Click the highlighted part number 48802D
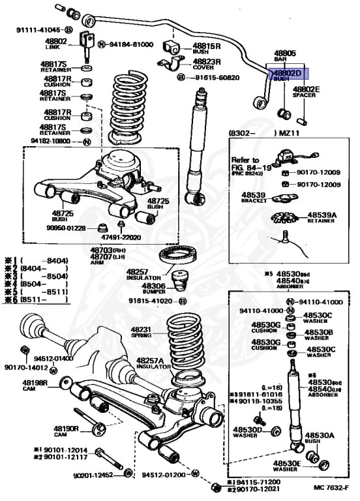pos(287,74)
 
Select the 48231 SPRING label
pos(143,333)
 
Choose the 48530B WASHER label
pos(318,335)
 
